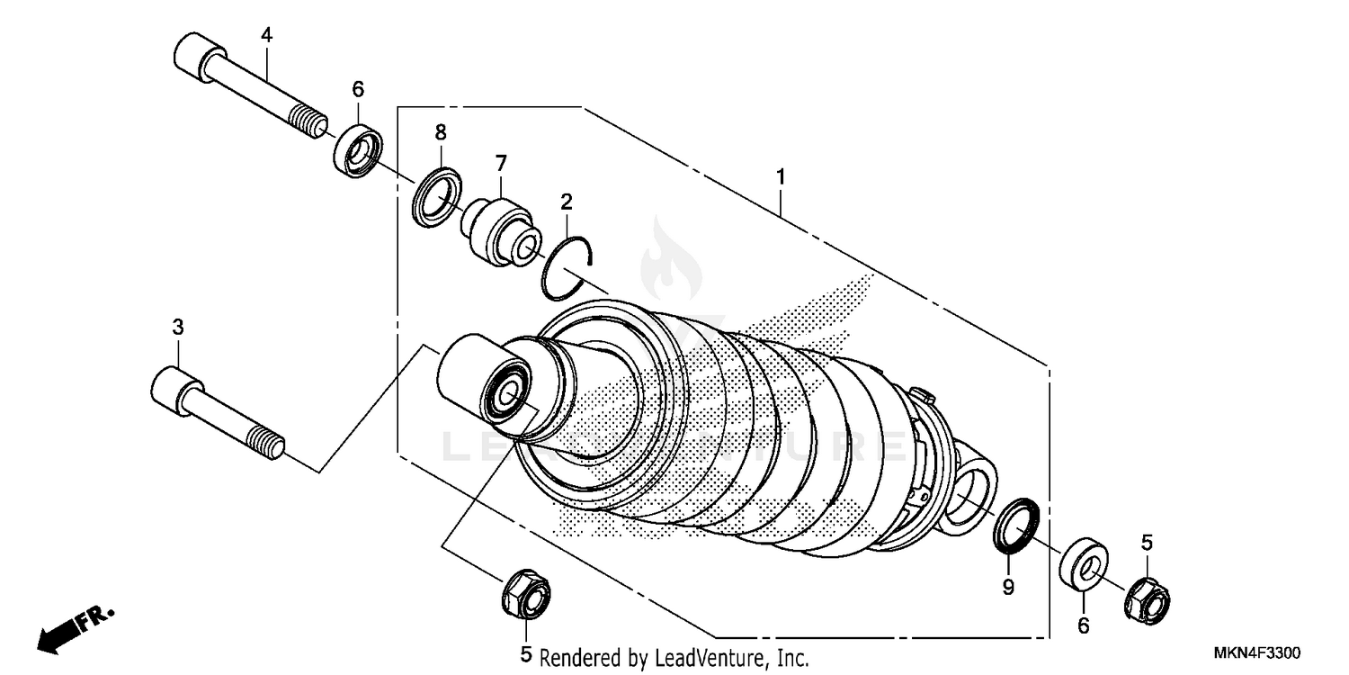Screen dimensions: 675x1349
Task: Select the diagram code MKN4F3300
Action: (1263, 652)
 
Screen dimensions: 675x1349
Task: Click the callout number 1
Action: (782, 176)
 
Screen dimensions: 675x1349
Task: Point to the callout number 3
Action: (178, 327)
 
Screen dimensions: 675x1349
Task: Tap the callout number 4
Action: (266, 35)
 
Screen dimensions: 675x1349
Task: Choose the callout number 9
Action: (1008, 588)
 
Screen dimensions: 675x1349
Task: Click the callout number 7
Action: (501, 163)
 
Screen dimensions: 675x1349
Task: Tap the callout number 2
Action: (567, 200)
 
